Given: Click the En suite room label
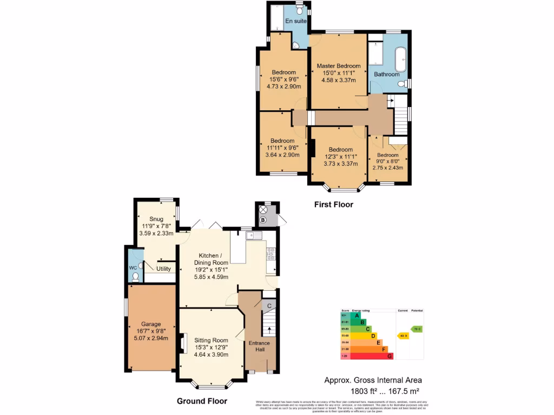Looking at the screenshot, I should click(296, 21).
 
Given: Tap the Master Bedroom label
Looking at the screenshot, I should click(338, 66).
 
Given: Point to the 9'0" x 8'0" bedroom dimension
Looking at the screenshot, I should click(388, 161).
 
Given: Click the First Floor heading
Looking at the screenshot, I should click(334, 205).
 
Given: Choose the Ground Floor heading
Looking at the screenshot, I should click(202, 401).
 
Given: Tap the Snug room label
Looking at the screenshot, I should click(156, 219).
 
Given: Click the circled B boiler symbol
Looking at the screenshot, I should click(263, 220).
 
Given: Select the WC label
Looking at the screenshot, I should click(133, 267).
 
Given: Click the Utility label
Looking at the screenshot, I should click(163, 269).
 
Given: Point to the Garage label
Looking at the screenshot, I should click(151, 324).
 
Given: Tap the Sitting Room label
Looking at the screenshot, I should click(208, 340).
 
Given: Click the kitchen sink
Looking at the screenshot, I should click(253, 235).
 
